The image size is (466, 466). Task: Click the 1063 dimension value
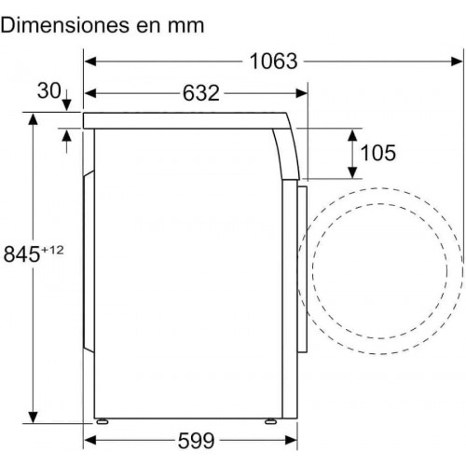[273, 62]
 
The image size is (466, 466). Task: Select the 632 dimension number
[201, 93]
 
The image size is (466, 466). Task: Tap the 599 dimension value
[197, 441]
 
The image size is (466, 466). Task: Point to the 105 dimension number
[378, 153]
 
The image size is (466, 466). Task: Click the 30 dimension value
[48, 90]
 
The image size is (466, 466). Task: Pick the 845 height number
[21, 254]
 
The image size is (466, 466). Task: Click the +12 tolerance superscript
[52, 250]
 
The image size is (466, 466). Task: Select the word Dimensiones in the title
[65, 25]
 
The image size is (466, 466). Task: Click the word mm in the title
[185, 26]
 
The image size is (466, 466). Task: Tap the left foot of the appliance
[103, 421]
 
